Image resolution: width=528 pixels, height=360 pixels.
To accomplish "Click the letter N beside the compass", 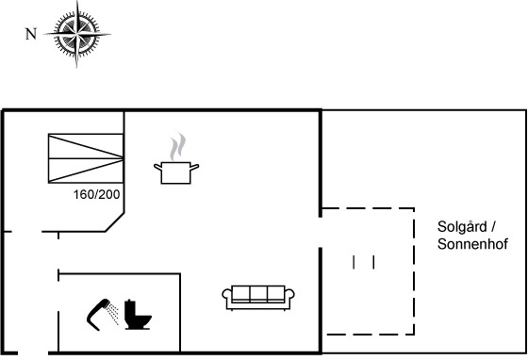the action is (31, 34).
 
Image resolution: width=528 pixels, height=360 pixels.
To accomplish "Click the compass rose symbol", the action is (77, 34).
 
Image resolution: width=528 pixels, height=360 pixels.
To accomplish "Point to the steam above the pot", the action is (178, 147).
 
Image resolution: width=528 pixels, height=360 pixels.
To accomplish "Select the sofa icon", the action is (258, 298).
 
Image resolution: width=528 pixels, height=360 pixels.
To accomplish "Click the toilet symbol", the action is (138, 314).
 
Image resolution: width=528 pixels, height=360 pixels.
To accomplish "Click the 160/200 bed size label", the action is (96, 194).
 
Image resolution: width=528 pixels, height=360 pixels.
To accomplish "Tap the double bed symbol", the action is (86, 158).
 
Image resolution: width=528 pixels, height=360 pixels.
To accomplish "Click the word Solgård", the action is (462, 227).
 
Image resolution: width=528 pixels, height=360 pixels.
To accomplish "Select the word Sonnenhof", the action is (472, 244).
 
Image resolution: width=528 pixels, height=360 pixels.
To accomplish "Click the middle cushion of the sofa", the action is (258, 294).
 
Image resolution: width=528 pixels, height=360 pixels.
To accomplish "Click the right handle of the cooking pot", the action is (194, 167).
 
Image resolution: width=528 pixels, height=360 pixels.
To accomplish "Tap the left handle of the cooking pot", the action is (158, 167).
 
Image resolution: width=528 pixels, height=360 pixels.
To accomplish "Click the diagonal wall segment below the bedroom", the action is (115, 222).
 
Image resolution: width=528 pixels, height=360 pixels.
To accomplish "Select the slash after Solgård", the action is (493, 226).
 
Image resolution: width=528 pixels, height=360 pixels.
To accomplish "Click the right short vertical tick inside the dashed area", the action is (373, 262).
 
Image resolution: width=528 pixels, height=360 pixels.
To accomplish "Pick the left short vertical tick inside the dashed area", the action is (354, 262).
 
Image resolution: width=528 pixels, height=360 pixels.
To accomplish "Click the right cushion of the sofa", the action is (276, 294).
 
